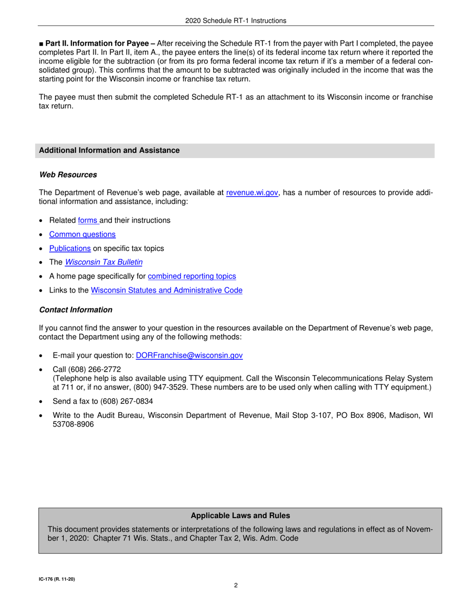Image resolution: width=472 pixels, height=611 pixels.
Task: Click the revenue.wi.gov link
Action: [x=252, y=193]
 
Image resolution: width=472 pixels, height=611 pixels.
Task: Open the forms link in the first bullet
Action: [x=88, y=220]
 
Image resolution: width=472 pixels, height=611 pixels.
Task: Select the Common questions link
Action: [x=82, y=234]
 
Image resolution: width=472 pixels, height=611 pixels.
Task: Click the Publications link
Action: [x=70, y=248]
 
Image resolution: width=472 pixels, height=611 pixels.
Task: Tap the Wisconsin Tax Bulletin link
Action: [x=104, y=262]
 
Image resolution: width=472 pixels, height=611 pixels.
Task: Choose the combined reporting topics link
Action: [x=192, y=276]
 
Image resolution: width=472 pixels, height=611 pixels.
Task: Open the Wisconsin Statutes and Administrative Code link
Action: [x=167, y=290]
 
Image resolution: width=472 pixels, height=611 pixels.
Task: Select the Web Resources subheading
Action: [x=68, y=175]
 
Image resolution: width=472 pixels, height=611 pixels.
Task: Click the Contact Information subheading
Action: [x=76, y=310]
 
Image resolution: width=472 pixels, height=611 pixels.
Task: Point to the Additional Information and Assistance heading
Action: [x=109, y=151]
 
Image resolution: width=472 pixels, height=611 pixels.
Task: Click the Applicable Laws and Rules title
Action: [x=240, y=516]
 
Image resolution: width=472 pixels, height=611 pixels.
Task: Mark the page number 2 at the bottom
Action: [x=236, y=585]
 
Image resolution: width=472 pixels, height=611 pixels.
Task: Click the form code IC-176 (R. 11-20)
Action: [x=57, y=579]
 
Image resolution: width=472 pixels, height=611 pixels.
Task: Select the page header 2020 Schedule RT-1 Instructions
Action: [x=236, y=21]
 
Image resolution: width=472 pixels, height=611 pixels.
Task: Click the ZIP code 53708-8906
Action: [x=73, y=425]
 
